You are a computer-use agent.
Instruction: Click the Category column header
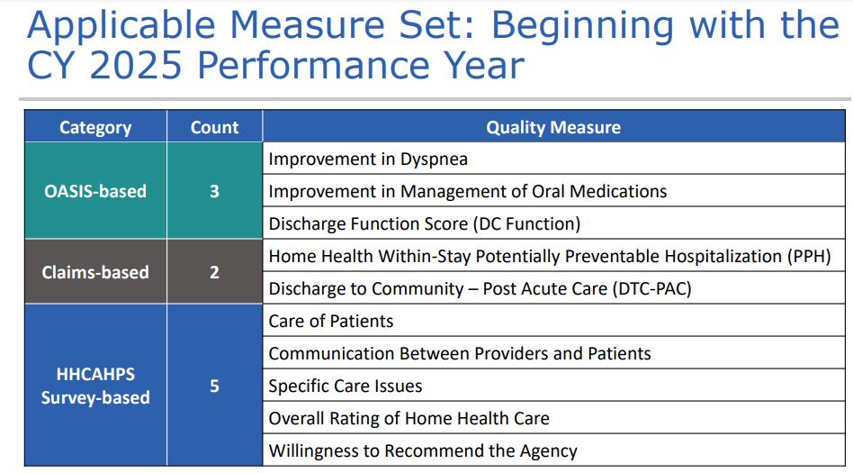point(95,128)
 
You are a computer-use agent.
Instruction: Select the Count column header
point(214,128)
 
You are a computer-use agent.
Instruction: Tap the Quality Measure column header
point(552,128)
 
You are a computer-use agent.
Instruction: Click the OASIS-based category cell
point(95,191)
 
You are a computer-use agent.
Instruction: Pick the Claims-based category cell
point(95,272)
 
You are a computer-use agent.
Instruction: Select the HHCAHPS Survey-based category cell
point(95,386)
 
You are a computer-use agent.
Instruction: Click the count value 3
point(214,191)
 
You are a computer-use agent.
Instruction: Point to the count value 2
point(214,272)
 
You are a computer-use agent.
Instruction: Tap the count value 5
point(214,386)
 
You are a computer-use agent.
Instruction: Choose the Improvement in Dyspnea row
point(368,159)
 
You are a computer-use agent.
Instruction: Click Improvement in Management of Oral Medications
point(468,192)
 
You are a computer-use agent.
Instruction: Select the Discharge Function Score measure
point(425,224)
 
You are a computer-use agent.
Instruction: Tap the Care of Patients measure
point(331,322)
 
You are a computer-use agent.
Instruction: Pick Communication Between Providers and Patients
point(460,354)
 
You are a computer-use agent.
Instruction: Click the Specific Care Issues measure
point(346,387)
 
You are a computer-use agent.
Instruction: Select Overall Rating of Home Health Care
point(409,419)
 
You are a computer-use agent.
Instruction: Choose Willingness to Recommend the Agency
point(423,451)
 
